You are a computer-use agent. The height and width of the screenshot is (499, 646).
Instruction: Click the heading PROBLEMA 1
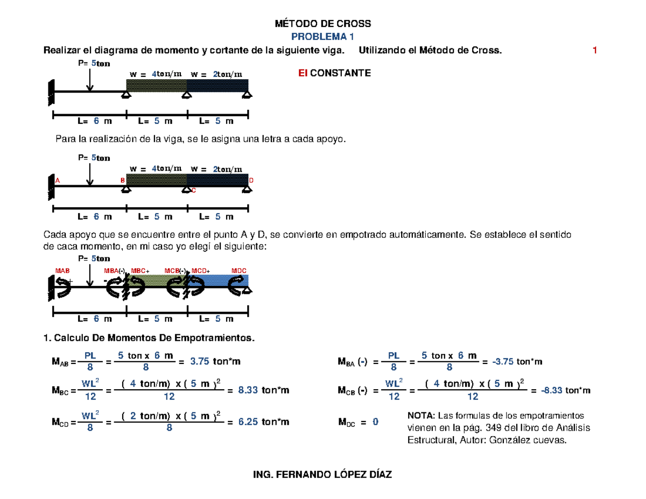322,37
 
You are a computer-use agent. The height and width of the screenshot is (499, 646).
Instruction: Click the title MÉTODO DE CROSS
323,24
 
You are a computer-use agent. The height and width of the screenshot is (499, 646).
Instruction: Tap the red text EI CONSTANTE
335,73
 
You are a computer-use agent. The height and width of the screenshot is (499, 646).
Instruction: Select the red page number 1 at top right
595,51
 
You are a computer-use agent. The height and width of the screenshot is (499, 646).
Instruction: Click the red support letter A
57,180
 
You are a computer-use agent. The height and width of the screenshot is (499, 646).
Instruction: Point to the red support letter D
251,180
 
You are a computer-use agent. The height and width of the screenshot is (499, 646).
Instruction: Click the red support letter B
122,180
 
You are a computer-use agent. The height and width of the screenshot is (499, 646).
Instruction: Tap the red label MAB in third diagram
62,270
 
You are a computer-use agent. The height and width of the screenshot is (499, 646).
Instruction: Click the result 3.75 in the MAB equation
199,362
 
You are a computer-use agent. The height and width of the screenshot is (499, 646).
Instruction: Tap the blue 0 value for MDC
375,422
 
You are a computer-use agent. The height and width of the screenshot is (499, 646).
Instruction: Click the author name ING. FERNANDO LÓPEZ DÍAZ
322,475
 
